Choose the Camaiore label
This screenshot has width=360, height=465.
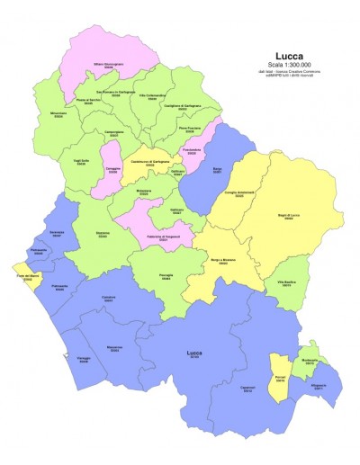pyautogui.click(x=107, y=299)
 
